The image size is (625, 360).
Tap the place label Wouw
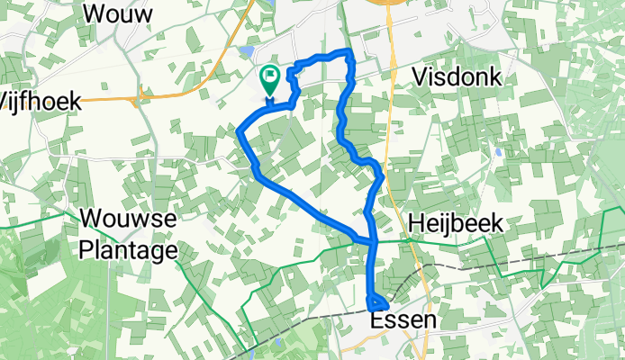coord(117,13)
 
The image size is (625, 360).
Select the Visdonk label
coord(457,76)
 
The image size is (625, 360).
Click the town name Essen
coord(403,320)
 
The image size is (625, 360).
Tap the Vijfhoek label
coord(40,100)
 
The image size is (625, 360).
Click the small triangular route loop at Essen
coord(378,304)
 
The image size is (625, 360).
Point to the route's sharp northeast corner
coord(349,52)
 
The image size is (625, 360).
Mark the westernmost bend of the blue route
coord(239,133)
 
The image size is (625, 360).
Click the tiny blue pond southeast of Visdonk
coord(497,152)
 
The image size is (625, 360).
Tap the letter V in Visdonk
coord(420,77)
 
